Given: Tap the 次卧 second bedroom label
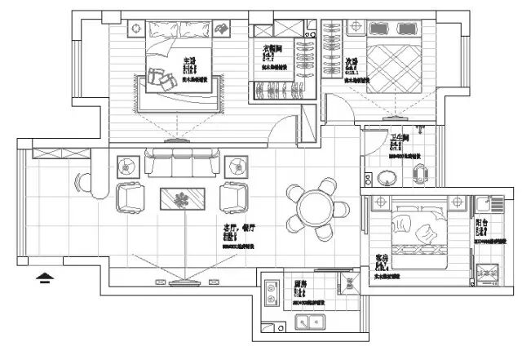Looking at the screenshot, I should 352,60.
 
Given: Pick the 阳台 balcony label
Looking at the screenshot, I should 482,221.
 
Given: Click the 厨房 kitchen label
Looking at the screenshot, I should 300,285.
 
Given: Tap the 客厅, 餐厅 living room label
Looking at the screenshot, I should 235,228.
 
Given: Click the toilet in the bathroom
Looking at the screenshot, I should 420,175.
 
